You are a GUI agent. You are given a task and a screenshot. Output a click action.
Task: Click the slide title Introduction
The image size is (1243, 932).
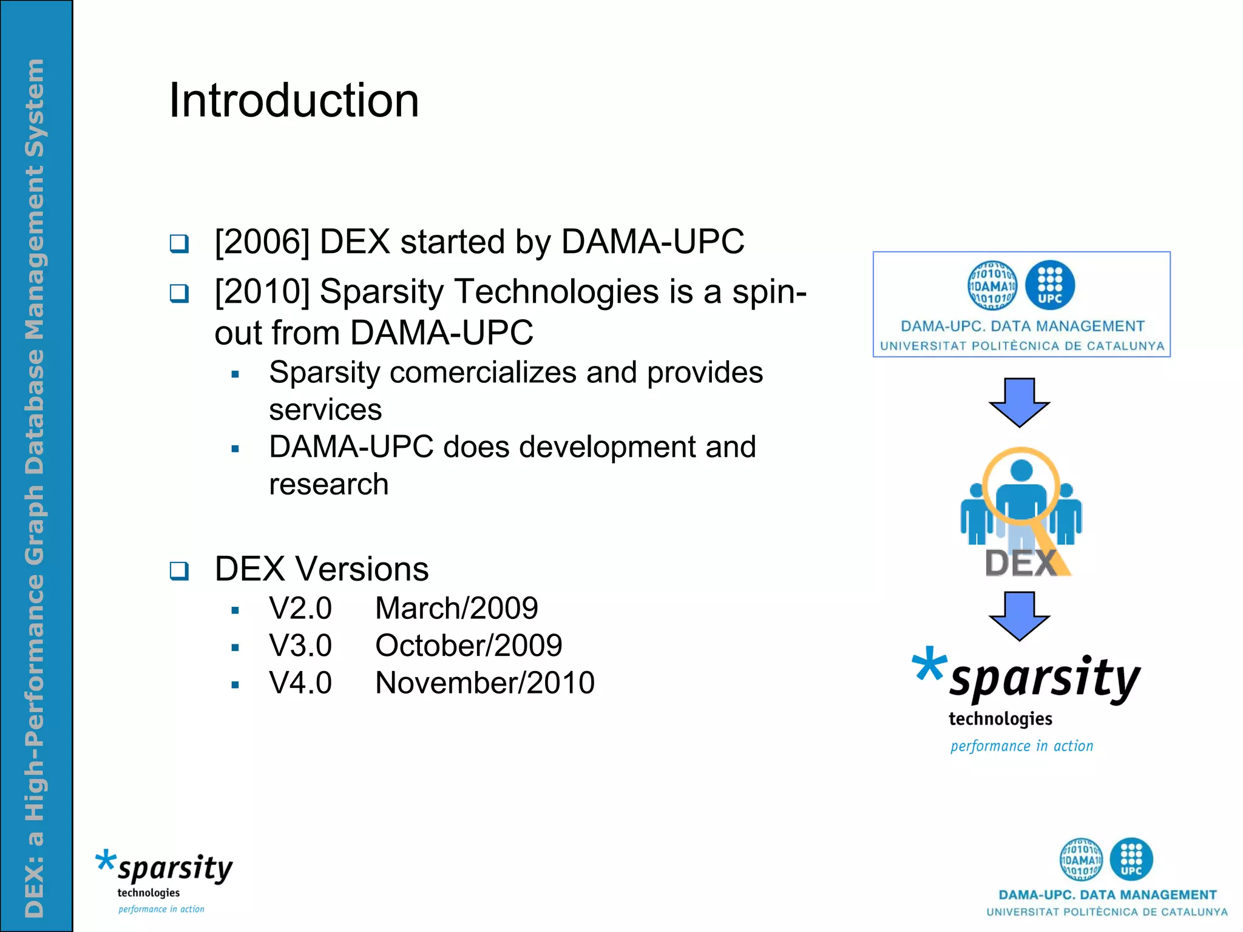[294, 101]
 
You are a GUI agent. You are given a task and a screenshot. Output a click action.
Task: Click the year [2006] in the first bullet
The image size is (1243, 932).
[262, 242]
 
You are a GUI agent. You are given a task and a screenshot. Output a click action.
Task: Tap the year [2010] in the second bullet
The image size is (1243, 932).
[262, 292]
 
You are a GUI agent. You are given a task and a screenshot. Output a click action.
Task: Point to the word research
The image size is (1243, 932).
[328, 484]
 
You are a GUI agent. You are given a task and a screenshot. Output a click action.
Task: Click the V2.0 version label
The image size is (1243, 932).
[300, 609]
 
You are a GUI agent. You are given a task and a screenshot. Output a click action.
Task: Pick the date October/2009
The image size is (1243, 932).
[469, 646]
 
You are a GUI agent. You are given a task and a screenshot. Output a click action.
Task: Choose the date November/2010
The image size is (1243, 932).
[484, 683]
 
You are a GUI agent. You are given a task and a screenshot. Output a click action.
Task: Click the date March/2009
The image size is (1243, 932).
[456, 609]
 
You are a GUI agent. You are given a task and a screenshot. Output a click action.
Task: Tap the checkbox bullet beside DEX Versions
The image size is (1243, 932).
[179, 571]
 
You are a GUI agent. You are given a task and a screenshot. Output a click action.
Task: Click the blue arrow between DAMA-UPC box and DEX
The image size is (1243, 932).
[1020, 402]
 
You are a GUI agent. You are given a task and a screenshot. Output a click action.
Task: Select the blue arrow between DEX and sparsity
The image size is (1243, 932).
[1020, 616]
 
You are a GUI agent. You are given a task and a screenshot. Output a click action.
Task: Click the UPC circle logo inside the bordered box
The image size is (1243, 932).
[1049, 285]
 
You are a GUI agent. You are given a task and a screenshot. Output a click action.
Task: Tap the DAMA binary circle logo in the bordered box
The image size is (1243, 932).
[992, 285]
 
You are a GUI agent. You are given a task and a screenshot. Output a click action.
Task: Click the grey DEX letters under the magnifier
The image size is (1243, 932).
[1020, 563]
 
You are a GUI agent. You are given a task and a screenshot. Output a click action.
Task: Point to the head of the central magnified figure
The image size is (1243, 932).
[1021, 470]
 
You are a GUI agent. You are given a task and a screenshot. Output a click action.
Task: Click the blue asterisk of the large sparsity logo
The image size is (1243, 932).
[929, 664]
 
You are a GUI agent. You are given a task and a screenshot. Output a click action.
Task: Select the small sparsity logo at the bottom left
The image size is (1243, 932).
[164, 880]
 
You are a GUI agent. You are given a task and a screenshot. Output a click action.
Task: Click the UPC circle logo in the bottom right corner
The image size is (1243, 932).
[1131, 859]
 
